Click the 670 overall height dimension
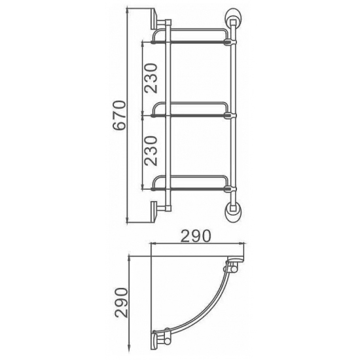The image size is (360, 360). tap(118, 118)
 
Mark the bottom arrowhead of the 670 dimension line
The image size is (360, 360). tap(128, 223)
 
